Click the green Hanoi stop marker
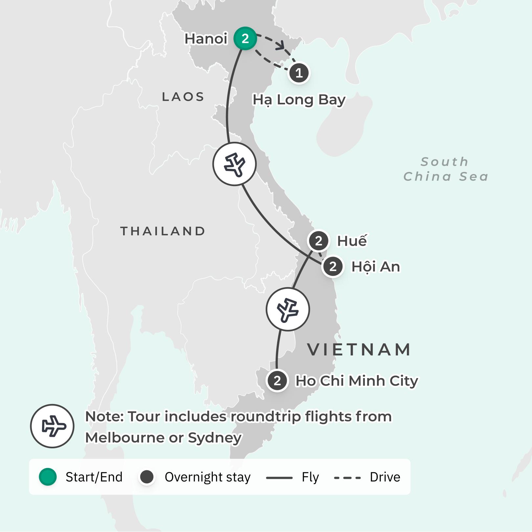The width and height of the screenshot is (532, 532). pos(245,38)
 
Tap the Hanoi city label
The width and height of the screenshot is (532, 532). pos(206,39)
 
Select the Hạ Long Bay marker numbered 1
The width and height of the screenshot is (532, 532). pos(299,73)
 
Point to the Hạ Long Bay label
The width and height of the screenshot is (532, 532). pos(299,100)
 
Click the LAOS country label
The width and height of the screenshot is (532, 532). pos(183,97)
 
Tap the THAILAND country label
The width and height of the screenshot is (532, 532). pos(163,231)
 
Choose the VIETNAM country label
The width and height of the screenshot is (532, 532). pos(359,350)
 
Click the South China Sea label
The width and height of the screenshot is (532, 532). pos(446,169)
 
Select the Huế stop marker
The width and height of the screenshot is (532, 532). pos(318,241)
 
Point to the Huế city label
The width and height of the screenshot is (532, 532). pos(352,241)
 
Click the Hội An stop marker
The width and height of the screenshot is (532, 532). pos(333,266)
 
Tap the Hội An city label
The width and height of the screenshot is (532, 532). pos(376,267)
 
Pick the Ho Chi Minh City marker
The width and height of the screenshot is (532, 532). pos(277,381)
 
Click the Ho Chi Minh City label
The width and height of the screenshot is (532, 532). pos(357,381)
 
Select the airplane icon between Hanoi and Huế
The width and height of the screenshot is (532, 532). pos(234,164)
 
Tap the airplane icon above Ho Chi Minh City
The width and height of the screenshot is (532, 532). pos(288,309)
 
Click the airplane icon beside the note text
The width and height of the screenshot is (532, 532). pos(52,426)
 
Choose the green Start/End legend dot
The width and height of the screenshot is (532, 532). pos(48,477)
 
